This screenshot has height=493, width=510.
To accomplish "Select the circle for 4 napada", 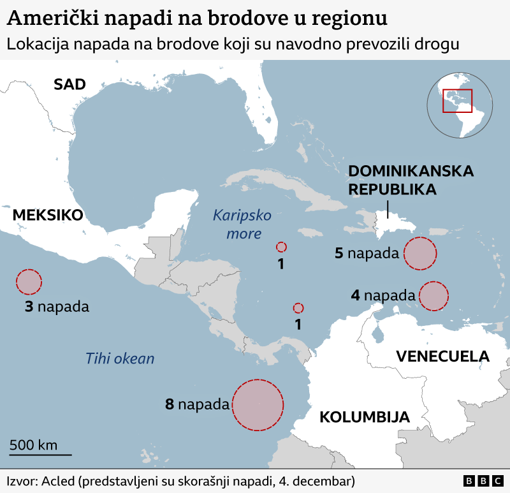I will (433, 296).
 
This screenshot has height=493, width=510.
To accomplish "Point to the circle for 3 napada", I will (29, 281).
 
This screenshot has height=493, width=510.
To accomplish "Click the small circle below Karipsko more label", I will (281, 247).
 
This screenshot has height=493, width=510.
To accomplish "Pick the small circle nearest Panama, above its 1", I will (298, 307).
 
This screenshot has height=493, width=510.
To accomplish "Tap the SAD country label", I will (69, 84).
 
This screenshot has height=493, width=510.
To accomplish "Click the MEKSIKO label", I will (48, 215).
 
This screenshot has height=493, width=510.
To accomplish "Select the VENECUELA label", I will (442, 357).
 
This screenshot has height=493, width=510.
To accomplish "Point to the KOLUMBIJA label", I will (364, 418).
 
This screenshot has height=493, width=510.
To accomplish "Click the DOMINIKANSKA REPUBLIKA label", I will (411, 180).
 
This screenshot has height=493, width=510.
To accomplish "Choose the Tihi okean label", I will (120, 358).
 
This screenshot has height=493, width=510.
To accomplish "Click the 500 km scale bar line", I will (40, 455).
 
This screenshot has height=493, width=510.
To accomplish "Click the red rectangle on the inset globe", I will (457, 100).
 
